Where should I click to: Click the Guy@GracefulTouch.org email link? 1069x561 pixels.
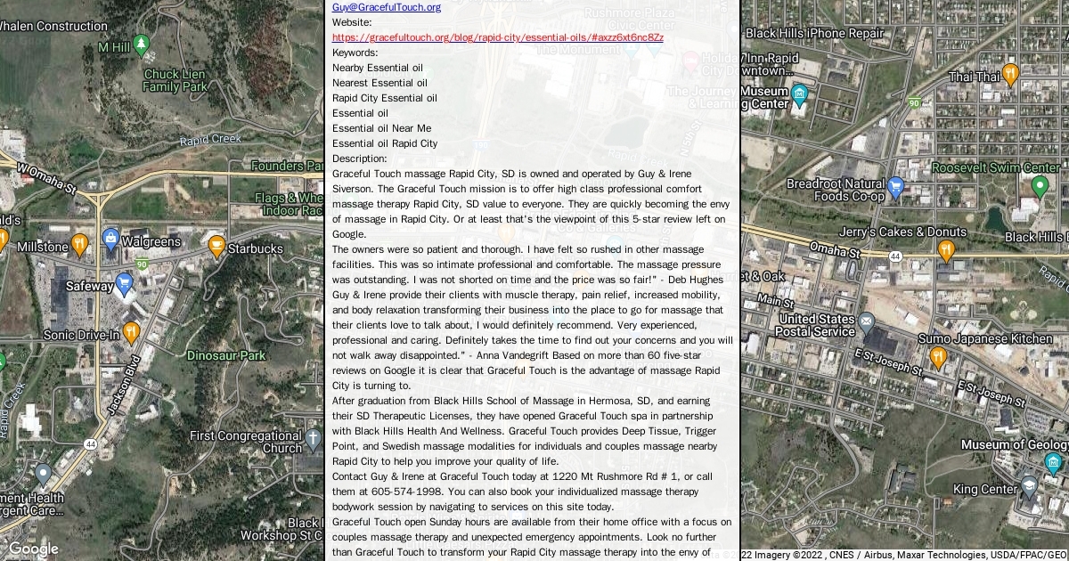pyautogui.click(x=386, y=7)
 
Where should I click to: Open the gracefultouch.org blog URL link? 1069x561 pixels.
pyautogui.click(x=497, y=37)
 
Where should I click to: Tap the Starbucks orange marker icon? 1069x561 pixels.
pyautogui.click(x=216, y=246)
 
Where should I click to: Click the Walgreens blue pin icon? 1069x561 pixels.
pyautogui.click(x=110, y=239)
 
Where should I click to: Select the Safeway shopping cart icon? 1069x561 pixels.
pyautogui.click(x=124, y=285)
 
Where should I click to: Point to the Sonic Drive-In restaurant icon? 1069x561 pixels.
pyautogui.click(x=131, y=333)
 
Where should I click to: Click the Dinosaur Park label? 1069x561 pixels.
pyautogui.click(x=226, y=355)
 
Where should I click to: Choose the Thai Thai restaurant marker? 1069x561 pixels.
pyautogui.click(x=1009, y=74)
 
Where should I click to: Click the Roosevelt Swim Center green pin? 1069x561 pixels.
pyautogui.click(x=1039, y=187)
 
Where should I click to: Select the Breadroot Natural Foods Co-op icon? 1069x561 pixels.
pyautogui.click(x=895, y=187)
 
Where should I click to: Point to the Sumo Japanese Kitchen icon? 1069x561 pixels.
pyautogui.click(x=937, y=357)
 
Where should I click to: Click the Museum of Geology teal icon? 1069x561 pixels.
pyautogui.click(x=1053, y=463)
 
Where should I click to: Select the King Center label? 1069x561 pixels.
pyautogui.click(x=984, y=489)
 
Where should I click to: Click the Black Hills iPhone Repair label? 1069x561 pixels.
pyautogui.click(x=814, y=33)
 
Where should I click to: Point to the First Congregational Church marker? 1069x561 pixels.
pyautogui.click(x=312, y=438)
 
